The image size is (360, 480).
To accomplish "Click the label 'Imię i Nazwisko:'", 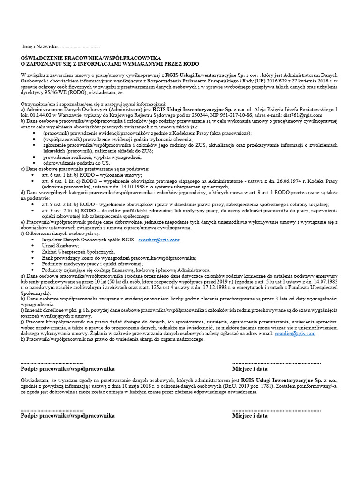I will [x=41, y=47].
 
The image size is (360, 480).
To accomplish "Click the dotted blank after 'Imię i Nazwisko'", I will [x=80, y=47].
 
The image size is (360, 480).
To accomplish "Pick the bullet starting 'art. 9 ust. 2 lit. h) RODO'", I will [x=187, y=210].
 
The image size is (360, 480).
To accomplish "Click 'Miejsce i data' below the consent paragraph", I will [x=250, y=416].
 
